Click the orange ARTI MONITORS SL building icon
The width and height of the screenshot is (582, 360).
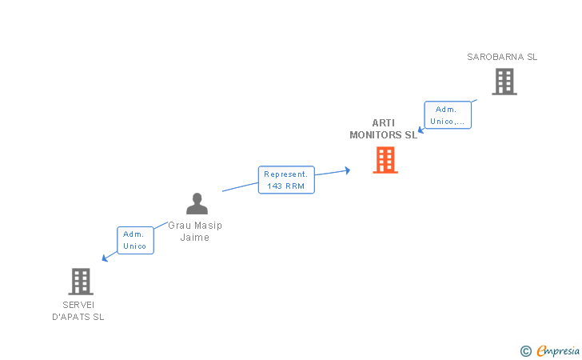385,160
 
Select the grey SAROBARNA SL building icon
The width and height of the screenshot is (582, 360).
504,82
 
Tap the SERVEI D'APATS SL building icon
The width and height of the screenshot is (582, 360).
81,282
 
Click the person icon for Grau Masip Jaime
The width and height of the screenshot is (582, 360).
197,203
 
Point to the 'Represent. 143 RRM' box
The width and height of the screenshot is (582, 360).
286,180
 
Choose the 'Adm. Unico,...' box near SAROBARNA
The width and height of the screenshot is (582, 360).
448,115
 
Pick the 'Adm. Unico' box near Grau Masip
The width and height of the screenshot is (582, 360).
135,240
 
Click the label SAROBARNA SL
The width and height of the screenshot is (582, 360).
502,57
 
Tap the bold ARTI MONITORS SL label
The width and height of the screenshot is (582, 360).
384,129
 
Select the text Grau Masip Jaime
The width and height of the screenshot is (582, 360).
195,231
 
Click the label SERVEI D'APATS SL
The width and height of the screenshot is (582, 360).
78,311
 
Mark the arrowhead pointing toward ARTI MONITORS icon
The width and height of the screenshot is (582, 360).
348,170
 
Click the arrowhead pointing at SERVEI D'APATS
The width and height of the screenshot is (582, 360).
105,258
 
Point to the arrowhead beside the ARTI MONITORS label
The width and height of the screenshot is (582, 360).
421,130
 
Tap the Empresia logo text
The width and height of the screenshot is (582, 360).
558,350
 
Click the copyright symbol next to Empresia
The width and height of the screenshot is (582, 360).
525,351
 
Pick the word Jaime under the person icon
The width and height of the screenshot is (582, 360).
195,238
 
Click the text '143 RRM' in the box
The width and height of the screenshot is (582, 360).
286,186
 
